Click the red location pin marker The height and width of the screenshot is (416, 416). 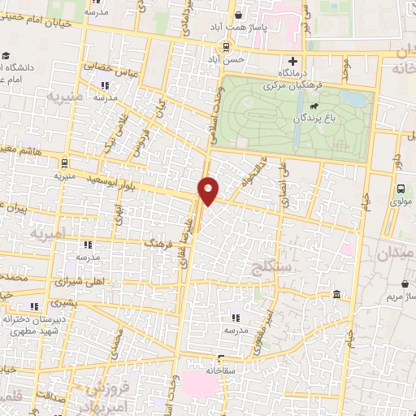coord(209,190)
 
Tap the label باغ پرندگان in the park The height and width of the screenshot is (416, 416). coord(312,118)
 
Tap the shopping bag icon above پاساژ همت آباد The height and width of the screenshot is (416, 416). coord(237,15)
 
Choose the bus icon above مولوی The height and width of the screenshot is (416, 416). coord(399,188)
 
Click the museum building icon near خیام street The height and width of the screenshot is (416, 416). coord(336,294)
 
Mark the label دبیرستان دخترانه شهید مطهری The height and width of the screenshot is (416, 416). coord(33,326)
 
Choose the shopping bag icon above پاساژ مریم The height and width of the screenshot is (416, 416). coord(405,284)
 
